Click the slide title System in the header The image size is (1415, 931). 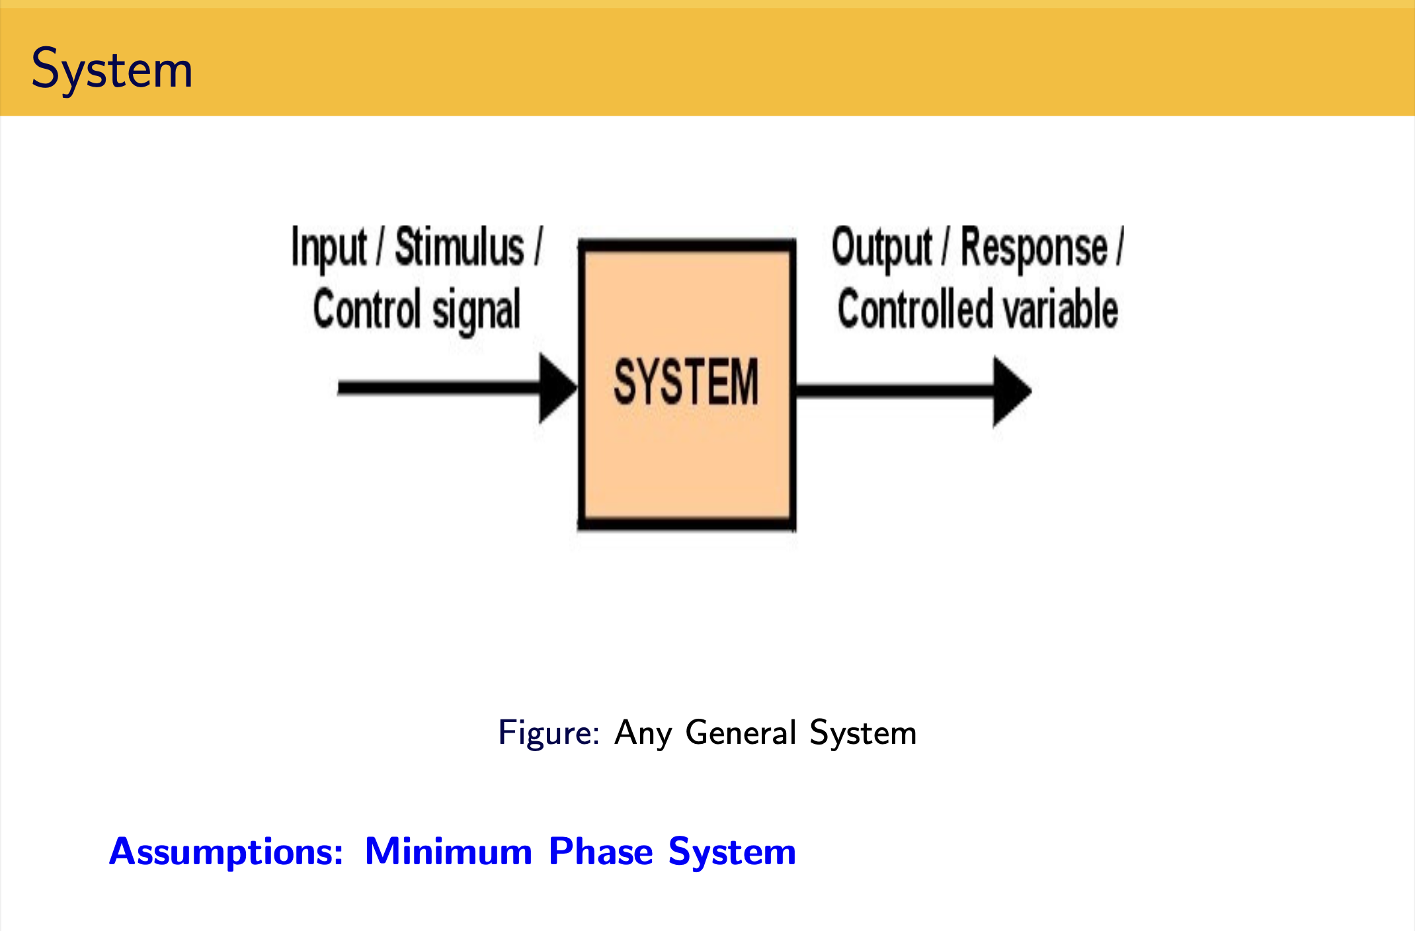coord(112,69)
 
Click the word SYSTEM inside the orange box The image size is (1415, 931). coord(686,382)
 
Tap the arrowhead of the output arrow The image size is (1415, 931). coord(1012,391)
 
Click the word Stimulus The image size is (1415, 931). coord(460,247)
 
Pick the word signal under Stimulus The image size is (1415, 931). coord(476,311)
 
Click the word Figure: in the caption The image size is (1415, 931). coord(549,733)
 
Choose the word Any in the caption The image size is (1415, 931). coord(643,733)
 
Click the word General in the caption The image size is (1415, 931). coord(741,732)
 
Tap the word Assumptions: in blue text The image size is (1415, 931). coord(226,852)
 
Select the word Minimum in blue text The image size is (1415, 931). coord(448,851)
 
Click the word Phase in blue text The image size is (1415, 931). coord(601,851)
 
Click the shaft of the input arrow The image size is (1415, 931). coord(439,388)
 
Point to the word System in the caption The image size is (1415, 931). coord(863,733)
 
